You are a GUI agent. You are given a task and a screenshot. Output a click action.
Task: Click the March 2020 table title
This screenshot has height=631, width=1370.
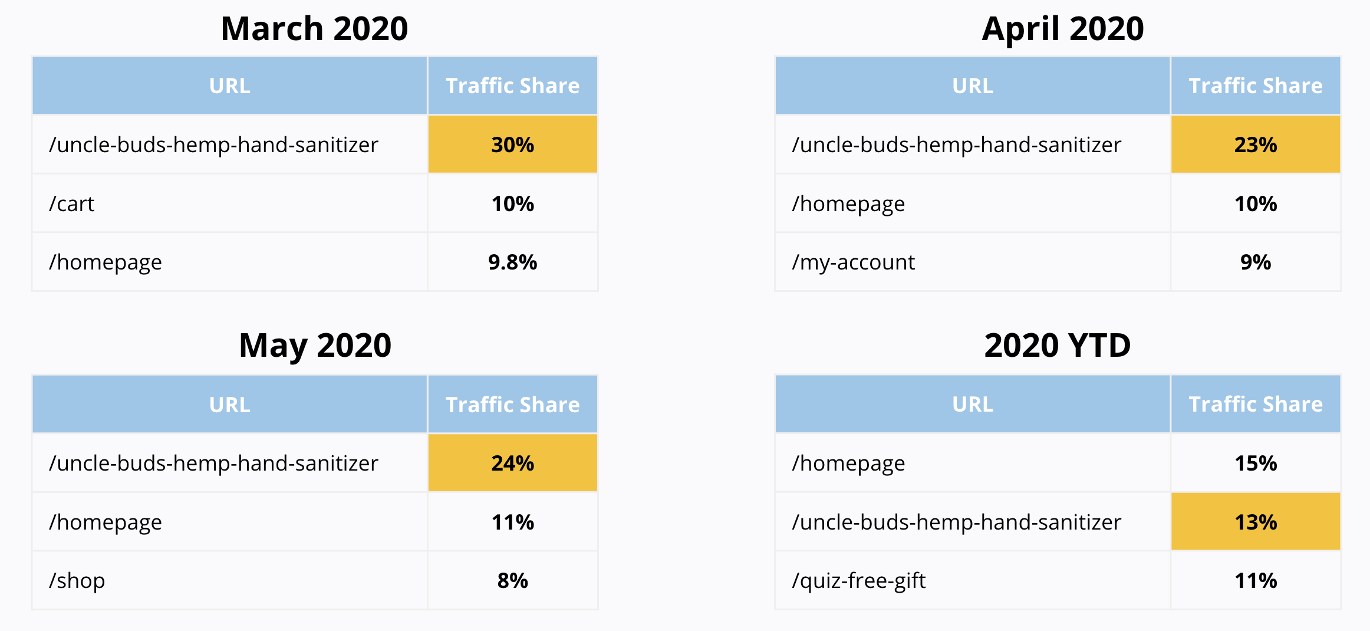click(x=314, y=28)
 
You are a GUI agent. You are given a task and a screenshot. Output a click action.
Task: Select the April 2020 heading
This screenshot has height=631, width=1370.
click(x=1062, y=28)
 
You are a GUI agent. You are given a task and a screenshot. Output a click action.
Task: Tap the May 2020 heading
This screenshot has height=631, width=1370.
click(x=315, y=345)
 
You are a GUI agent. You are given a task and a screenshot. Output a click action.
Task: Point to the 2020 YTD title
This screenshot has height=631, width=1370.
click(x=1057, y=345)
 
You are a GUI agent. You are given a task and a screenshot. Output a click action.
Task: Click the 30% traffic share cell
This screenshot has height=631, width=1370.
click(x=512, y=144)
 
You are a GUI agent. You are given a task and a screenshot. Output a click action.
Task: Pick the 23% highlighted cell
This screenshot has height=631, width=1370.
click(x=1255, y=144)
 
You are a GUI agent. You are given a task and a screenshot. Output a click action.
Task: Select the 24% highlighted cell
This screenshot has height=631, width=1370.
click(x=512, y=463)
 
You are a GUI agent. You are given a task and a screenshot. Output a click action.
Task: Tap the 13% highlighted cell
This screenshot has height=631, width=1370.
click(x=1255, y=522)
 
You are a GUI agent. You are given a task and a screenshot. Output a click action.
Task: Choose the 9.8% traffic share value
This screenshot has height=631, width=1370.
click(x=512, y=262)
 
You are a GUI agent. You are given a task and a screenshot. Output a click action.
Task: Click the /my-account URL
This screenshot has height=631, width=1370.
click(x=853, y=262)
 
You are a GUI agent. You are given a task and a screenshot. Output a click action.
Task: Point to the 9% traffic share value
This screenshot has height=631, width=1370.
click(x=1255, y=262)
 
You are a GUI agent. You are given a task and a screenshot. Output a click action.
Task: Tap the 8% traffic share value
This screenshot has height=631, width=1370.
click(x=512, y=580)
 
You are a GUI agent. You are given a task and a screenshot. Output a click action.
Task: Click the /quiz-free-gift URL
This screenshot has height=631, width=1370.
click(x=858, y=580)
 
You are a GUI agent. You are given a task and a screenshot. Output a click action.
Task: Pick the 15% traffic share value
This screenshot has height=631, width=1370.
click(x=1255, y=463)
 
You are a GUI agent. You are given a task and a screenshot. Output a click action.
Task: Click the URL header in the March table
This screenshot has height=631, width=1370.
click(x=229, y=86)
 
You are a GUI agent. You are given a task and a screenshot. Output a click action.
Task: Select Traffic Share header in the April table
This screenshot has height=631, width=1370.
click(x=1255, y=86)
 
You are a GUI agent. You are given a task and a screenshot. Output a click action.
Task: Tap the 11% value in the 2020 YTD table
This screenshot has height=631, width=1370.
click(x=1255, y=580)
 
